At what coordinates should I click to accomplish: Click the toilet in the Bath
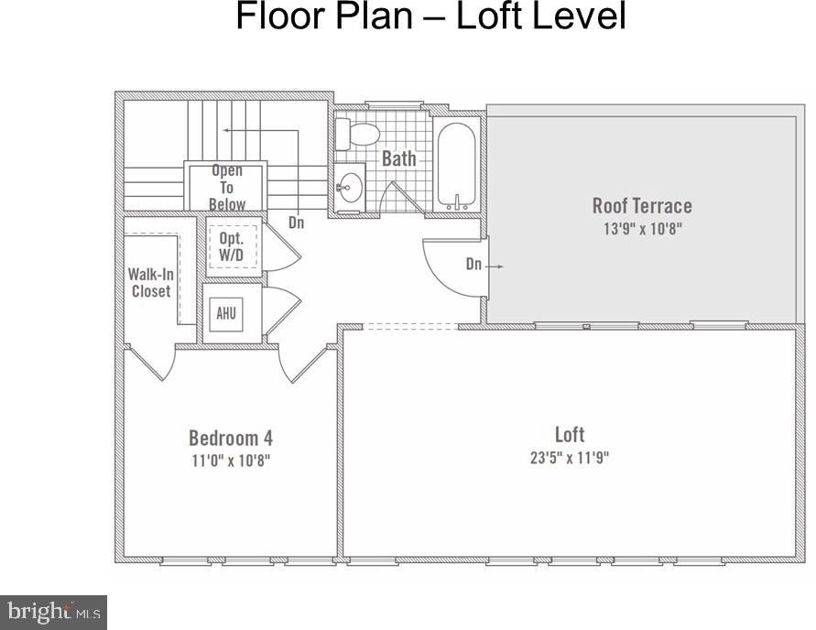click(356, 134)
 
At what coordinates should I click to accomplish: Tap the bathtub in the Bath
click(456, 166)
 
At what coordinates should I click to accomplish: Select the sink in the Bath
click(350, 187)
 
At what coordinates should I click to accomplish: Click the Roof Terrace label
click(642, 206)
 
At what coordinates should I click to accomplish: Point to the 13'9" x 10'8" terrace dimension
click(642, 229)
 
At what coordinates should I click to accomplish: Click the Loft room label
click(570, 434)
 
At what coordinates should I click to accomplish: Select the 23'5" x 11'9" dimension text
click(570, 458)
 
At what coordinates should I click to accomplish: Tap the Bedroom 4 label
click(231, 438)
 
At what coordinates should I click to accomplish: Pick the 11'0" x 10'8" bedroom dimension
click(231, 461)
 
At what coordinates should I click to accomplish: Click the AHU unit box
click(226, 314)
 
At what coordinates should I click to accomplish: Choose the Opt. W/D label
click(231, 246)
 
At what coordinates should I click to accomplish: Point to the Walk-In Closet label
click(151, 282)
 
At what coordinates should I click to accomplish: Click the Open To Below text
click(227, 188)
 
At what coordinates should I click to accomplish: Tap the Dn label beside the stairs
click(296, 223)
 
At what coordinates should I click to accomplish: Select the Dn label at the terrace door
click(473, 265)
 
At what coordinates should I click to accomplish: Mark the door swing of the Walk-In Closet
click(151, 364)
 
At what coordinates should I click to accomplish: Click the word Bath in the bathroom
click(399, 158)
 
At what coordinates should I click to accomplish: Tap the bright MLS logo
click(54, 613)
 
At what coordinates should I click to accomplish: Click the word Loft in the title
click(490, 16)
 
